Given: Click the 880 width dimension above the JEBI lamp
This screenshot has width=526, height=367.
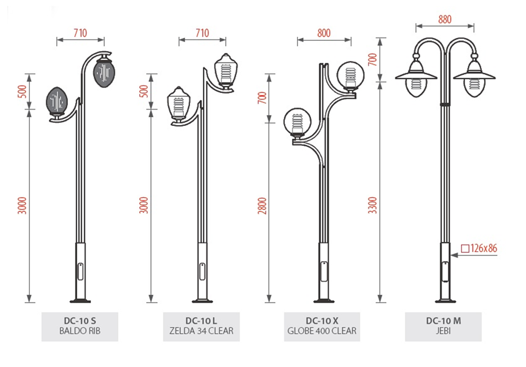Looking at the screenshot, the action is click(x=445, y=19).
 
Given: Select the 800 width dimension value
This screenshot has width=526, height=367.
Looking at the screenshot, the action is click(x=324, y=33).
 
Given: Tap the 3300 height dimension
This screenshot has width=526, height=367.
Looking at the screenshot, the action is click(x=373, y=206).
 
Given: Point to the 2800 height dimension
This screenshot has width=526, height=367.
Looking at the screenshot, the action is click(x=262, y=206).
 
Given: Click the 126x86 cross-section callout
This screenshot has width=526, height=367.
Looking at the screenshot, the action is click(x=479, y=248).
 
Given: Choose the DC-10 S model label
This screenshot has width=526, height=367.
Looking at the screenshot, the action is click(x=80, y=321).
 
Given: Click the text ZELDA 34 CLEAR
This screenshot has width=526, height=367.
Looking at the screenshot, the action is click(x=201, y=331).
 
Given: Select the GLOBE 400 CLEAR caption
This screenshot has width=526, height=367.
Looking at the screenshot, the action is click(x=322, y=331).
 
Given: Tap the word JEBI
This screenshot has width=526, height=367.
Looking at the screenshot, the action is click(x=443, y=331).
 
